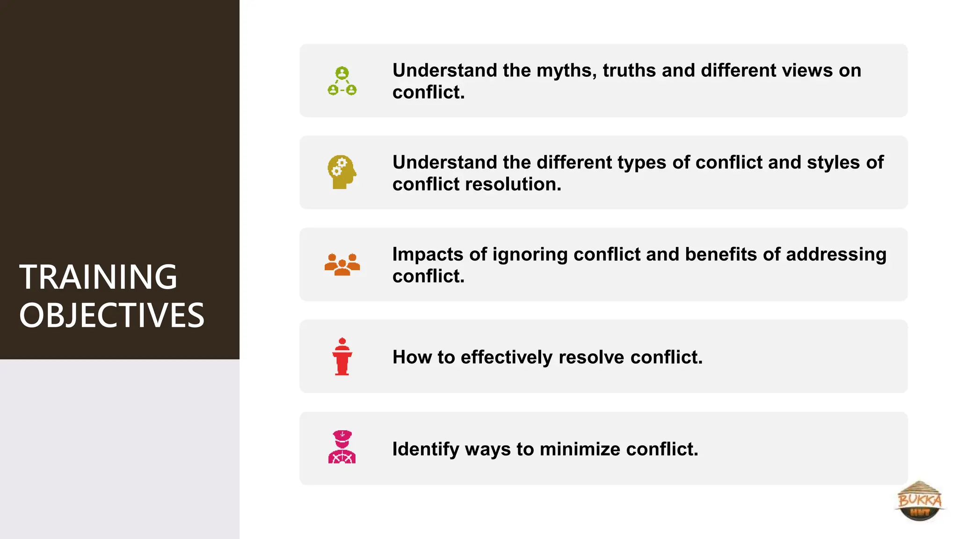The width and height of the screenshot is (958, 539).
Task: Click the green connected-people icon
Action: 342,81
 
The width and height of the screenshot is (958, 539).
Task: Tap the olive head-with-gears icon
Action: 342,172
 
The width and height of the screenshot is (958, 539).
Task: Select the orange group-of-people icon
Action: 342,264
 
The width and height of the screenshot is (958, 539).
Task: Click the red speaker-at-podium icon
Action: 342,357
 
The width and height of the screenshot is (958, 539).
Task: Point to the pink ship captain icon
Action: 342,447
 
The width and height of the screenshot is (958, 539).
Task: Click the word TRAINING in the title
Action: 98,277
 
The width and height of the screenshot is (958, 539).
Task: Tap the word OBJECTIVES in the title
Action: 112,315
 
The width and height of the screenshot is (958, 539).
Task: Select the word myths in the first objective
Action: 566,71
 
